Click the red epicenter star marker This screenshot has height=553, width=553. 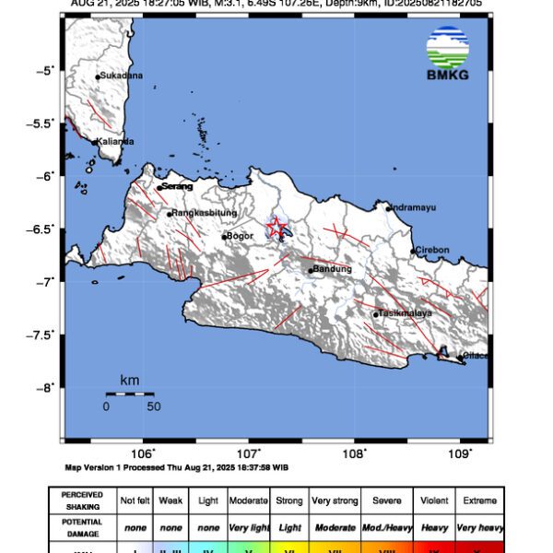point(276,227)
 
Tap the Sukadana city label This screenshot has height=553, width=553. point(121,76)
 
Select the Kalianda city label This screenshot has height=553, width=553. point(117,141)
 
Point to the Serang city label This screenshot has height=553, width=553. point(178,187)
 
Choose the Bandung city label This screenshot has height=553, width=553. point(333,269)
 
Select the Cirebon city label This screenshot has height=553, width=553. point(431,250)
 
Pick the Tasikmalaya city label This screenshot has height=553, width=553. point(406,313)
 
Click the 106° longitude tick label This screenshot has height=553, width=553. point(142,453)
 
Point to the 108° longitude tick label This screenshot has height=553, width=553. point(355,453)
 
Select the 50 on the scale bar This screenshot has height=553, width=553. point(153,406)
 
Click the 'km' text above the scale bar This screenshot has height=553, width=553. point(129,380)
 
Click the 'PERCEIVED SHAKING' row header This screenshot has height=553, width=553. point(82,500)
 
